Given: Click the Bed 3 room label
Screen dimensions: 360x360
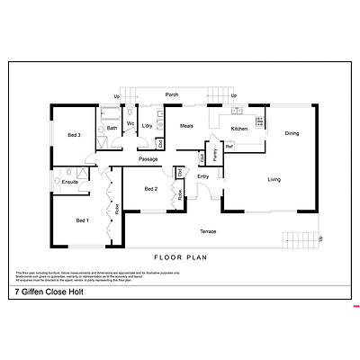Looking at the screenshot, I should [75, 135].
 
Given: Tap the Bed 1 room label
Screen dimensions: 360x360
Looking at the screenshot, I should [82, 220].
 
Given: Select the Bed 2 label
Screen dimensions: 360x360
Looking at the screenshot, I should [151, 189].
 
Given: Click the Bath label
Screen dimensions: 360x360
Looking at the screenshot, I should [112, 129].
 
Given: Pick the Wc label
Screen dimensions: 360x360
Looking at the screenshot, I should [130, 123].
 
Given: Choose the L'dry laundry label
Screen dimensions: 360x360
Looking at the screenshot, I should [148, 126].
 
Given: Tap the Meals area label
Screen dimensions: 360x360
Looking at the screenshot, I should [186, 126].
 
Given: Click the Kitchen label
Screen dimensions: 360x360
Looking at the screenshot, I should [239, 129].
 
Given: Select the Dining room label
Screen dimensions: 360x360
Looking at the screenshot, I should [292, 134].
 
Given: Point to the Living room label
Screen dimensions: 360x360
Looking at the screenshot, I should [274, 180].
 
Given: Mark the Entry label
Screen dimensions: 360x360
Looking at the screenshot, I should [203, 175].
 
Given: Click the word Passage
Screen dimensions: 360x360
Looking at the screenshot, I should [148, 159].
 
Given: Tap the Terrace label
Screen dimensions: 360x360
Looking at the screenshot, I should [208, 232].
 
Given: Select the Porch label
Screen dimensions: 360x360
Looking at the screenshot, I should [171, 94].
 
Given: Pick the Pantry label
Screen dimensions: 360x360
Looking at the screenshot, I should [215, 153].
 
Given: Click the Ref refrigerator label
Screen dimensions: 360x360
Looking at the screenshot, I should [229, 147].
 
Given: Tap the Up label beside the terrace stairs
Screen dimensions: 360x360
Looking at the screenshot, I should [322, 238].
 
